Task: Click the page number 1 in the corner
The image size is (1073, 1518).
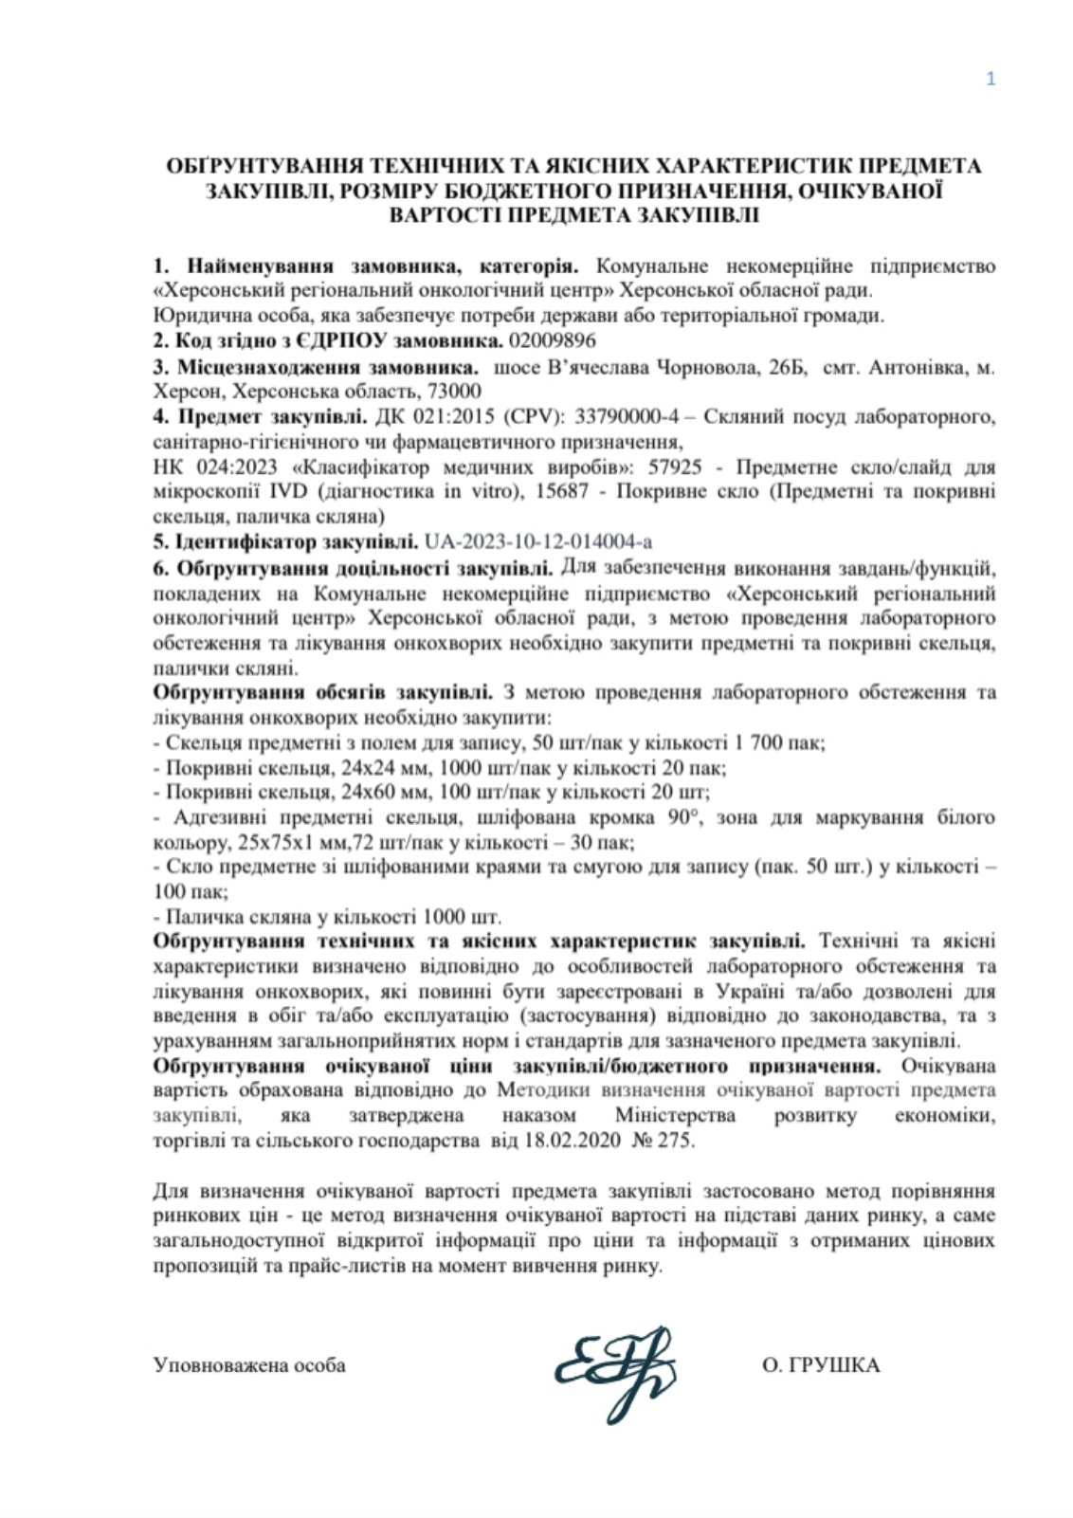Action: (x=991, y=80)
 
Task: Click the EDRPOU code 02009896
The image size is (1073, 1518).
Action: (x=553, y=339)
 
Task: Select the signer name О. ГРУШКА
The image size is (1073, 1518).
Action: (x=820, y=1365)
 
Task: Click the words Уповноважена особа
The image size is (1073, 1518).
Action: (x=249, y=1365)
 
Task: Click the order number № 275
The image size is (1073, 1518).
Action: (x=663, y=1141)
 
